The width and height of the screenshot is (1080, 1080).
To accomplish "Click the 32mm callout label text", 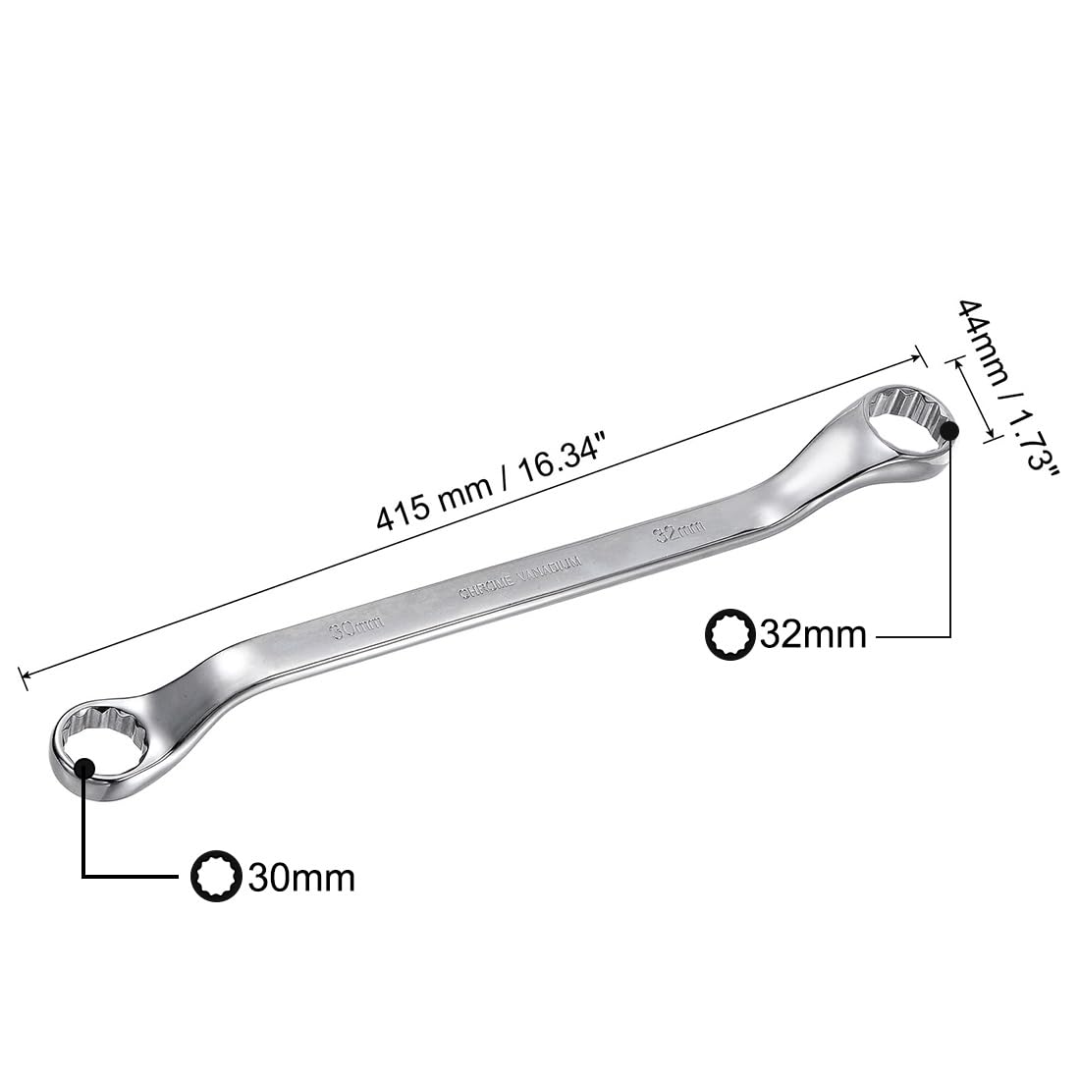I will click(813, 635).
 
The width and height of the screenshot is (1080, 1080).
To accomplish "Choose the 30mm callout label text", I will click(301, 877).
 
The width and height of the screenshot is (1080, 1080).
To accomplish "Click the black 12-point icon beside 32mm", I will click(729, 634).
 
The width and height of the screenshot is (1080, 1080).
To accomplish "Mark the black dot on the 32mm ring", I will click(949, 429).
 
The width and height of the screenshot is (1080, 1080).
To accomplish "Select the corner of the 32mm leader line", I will click(950, 636).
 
